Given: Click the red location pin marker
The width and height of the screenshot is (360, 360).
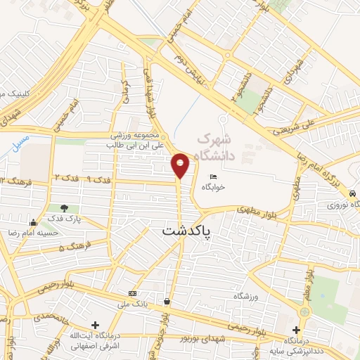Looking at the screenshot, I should pos(180,165).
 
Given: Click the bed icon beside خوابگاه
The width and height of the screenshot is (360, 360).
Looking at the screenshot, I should pos(213,176).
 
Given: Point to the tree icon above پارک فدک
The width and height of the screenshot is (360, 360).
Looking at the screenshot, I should pos(65,208).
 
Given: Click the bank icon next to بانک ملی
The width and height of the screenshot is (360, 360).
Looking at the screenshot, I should pos(132,292).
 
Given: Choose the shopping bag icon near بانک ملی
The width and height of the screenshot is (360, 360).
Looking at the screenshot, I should pos(166,301).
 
